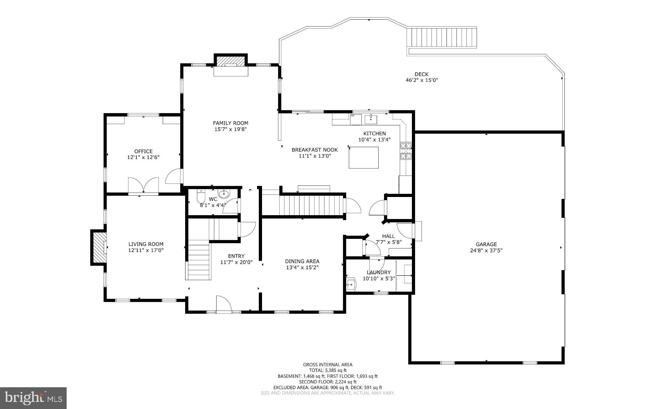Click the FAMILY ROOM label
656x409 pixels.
click(230, 123)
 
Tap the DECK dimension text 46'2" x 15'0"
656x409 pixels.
click(422, 80)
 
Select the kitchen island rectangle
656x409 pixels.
click(364, 157)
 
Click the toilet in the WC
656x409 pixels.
click(201, 195)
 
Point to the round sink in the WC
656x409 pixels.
click(224, 193)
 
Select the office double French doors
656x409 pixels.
click(143, 185)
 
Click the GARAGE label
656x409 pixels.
click(486, 244)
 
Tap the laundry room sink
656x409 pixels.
click(351, 284)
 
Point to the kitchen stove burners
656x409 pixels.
click(406, 151)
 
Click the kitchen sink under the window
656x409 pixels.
click(371, 120)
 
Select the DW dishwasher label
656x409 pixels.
click(352, 116)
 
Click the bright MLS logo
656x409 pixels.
click(33, 398)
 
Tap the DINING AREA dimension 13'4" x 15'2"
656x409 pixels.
click(302, 267)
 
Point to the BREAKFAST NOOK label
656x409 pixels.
click(315, 150)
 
